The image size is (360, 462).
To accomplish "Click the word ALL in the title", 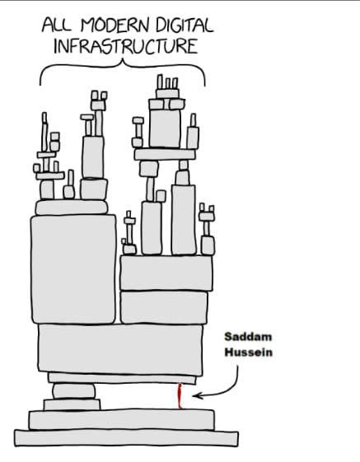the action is [57, 25].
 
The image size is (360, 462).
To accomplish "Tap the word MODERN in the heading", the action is [115, 25].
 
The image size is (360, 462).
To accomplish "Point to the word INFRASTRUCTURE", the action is [126, 46].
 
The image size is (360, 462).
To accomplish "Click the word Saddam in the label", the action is [248, 337].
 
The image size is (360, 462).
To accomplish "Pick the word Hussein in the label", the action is [248, 352].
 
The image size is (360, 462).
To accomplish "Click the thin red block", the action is [180, 395].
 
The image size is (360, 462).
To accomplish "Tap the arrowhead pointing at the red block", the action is [197, 395].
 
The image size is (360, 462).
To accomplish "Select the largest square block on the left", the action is [73, 269].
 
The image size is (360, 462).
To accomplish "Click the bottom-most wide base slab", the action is [127, 438].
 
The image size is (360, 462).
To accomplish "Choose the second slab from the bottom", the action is [121, 419].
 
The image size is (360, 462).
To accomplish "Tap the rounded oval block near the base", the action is [74, 391].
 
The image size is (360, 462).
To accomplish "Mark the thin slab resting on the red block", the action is [122, 378].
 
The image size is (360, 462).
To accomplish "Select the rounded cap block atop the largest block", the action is [72, 208].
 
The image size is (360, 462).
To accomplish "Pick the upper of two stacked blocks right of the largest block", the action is [166, 273].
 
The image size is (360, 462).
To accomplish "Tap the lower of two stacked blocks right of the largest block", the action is [164, 307].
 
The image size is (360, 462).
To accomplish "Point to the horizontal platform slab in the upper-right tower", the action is [165, 154].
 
